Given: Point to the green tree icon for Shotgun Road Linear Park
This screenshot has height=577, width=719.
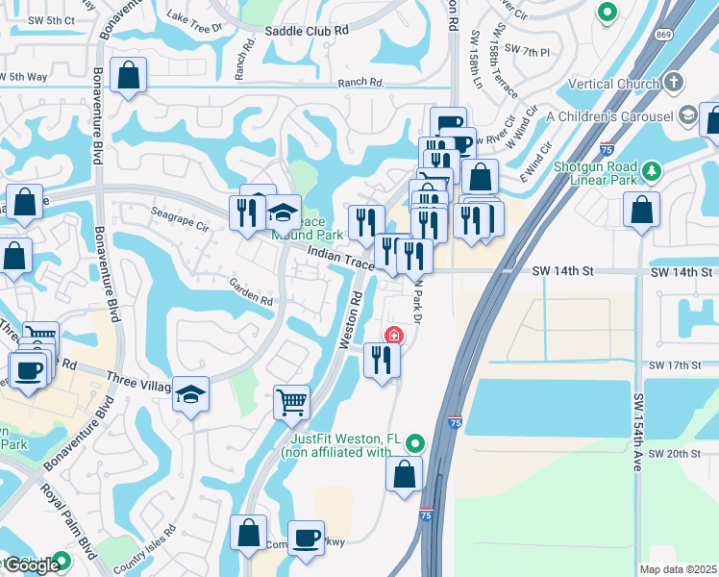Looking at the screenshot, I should (x=653, y=171).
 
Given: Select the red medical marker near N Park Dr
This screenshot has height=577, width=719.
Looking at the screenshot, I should (x=393, y=336).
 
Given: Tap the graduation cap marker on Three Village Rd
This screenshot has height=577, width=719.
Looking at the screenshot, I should (x=190, y=393).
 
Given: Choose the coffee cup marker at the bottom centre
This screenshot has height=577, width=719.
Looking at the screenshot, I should (x=307, y=539).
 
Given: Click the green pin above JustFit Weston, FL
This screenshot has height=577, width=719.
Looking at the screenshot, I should (x=414, y=443).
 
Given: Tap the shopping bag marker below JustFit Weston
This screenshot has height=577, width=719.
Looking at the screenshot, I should (x=405, y=474).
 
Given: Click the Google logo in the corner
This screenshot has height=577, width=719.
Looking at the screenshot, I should (x=31, y=565).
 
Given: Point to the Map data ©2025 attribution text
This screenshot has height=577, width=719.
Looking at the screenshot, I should (x=678, y=569).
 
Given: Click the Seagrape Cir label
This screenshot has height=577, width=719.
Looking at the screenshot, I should (x=180, y=219).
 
